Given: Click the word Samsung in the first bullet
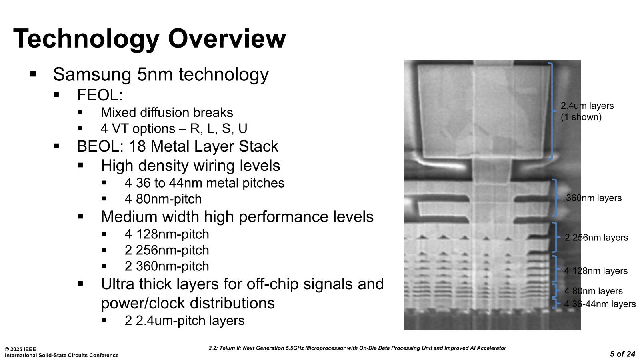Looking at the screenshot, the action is pos(92,74).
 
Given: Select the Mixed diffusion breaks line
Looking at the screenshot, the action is pos(167,112).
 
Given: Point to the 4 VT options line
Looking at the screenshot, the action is pos(174,128).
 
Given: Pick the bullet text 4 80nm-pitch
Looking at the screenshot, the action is pos(163,199).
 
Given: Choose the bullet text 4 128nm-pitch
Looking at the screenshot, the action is pos(167,234).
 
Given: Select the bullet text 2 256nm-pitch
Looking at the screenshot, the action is pos(167,250).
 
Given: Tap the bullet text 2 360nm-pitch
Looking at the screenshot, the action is pos(167,266).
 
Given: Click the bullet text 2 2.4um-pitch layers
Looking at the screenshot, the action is pos(184,320).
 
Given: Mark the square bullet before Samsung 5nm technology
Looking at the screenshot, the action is pos(33,74).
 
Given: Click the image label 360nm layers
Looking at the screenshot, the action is pos(594,198).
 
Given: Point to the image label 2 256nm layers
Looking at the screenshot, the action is pos(596,238).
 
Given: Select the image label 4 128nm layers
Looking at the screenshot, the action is pos(596,270).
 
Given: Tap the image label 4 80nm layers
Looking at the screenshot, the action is pos(594,291).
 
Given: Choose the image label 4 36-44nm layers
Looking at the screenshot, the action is pos(600,304).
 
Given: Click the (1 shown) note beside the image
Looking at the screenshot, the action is pos(581,117).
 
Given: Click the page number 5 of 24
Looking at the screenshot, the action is pos(622,354).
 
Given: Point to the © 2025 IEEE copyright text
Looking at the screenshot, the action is pos(20,349).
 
